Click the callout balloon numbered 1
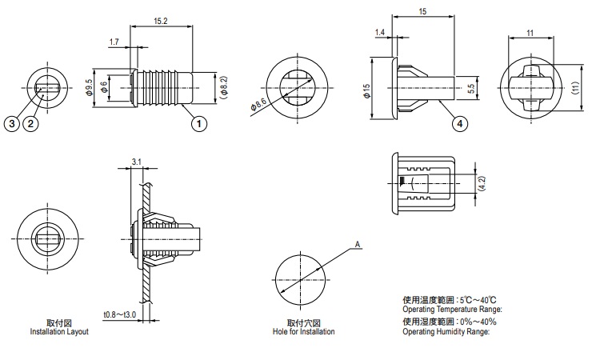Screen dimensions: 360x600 (198, 123)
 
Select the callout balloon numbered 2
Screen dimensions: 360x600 (30, 123)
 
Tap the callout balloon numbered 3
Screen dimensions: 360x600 (11, 123)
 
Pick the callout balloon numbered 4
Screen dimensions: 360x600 (459, 123)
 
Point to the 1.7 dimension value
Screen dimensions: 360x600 (114, 41)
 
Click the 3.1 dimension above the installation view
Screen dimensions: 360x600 (135, 162)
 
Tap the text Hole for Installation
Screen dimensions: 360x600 (303, 331)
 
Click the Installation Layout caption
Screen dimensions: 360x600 (59, 331)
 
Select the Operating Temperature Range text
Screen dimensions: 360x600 (452, 309)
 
